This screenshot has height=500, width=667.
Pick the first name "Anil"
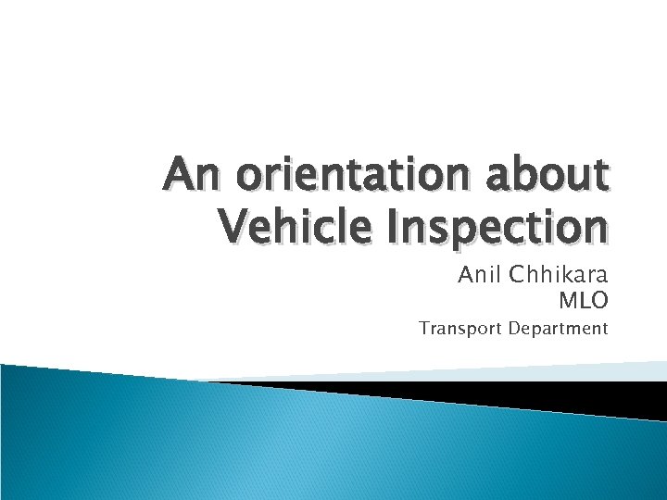click(478, 276)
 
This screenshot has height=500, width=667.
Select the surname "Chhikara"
click(558, 276)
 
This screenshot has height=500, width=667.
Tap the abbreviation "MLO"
click(583, 300)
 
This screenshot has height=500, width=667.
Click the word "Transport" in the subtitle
click(459, 329)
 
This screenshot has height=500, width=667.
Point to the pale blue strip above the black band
click(519, 372)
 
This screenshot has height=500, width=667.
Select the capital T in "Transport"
click(423, 328)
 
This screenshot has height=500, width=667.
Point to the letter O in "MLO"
click(600, 300)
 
